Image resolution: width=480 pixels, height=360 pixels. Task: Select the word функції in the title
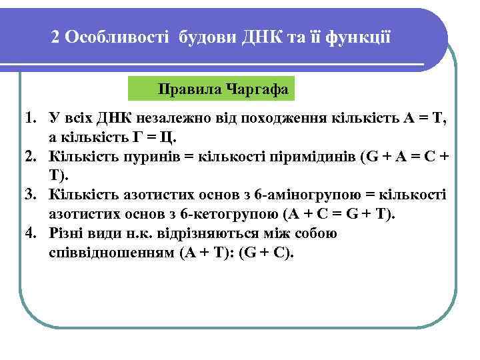coord(358,37)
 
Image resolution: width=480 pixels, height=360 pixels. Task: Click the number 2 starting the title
coord(56,37)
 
